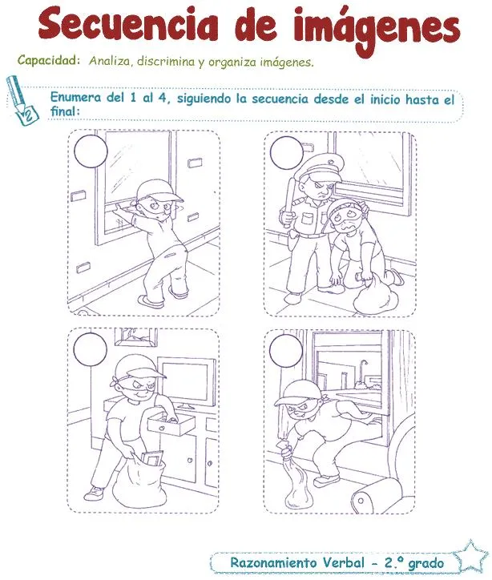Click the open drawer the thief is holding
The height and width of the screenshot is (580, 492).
click(x=170, y=421)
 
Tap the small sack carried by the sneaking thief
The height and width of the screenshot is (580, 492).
click(x=293, y=478)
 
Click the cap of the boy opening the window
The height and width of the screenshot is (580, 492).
click(x=148, y=191)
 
